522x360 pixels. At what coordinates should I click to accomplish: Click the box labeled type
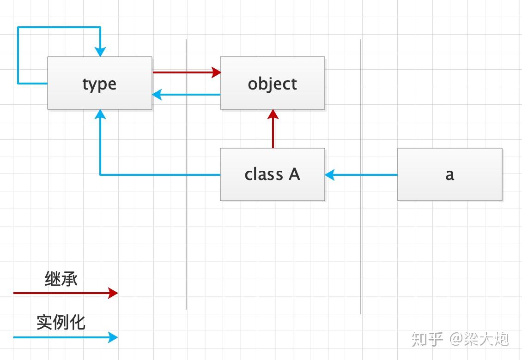(99, 83)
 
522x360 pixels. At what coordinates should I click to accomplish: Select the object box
(272, 83)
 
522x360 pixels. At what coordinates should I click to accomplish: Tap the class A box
(272, 174)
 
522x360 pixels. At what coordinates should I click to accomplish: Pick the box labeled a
(449, 174)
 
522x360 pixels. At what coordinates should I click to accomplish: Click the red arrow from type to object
(185, 72)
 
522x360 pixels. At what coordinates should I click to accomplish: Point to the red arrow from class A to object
(273, 132)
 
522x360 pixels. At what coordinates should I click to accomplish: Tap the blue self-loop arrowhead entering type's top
(100, 52)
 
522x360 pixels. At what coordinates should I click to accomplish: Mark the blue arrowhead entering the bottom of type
(100, 114)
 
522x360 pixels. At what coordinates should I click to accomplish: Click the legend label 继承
(61, 279)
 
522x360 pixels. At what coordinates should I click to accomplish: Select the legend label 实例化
(61, 322)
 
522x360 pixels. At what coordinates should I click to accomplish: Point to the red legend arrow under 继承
(65, 293)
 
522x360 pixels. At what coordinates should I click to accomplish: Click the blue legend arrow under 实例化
(65, 337)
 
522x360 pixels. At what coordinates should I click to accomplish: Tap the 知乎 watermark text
(427, 339)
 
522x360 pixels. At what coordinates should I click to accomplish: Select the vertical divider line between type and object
(186, 208)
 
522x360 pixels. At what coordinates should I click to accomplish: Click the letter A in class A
(294, 174)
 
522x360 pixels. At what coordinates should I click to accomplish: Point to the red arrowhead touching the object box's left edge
(217, 72)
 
